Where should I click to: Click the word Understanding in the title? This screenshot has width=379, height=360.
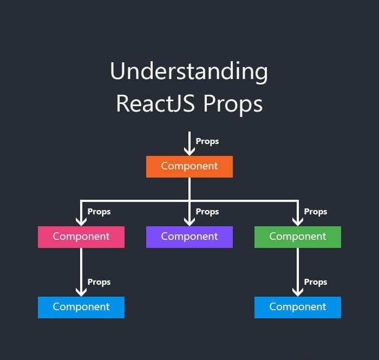(x=189, y=72)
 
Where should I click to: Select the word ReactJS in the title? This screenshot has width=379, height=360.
(x=155, y=103)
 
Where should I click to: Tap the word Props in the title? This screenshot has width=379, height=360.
(x=233, y=104)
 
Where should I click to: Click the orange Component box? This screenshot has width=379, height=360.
(x=190, y=167)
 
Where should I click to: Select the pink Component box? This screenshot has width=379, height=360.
(x=81, y=237)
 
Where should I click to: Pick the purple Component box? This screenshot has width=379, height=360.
(x=190, y=237)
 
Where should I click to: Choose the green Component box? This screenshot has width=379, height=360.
(x=298, y=237)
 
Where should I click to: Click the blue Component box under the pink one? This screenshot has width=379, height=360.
(x=81, y=307)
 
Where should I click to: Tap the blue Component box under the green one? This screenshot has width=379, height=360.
(x=298, y=307)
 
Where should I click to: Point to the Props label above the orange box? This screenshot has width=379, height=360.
(x=207, y=141)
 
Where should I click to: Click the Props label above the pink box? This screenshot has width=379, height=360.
(x=99, y=212)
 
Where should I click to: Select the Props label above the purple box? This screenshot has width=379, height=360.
(x=207, y=212)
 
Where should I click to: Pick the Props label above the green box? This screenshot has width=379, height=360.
(x=316, y=212)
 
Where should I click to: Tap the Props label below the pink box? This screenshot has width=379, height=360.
(x=99, y=282)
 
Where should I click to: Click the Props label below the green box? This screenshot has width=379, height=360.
(x=316, y=282)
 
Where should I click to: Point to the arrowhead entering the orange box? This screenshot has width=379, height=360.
(x=190, y=152)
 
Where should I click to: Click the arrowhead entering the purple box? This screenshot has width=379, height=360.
(x=190, y=222)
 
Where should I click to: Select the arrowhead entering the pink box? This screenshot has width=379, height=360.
(x=81, y=222)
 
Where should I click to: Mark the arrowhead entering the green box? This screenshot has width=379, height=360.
(x=298, y=222)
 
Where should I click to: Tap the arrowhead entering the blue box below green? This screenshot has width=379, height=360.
(x=298, y=293)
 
